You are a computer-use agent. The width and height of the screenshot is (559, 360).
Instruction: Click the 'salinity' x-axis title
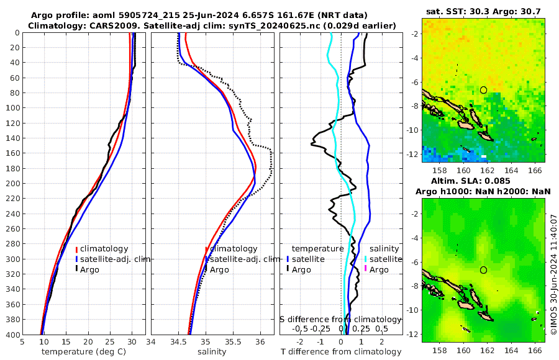211,351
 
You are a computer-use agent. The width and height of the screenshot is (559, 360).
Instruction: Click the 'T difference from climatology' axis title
340,352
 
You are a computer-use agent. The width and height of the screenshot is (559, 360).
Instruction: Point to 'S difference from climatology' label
340,318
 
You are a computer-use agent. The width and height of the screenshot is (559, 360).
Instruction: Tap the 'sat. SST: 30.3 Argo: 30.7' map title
484,11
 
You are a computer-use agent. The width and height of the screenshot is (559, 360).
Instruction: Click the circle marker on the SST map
483,90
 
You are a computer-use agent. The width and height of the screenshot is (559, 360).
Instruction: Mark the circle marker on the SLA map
483,270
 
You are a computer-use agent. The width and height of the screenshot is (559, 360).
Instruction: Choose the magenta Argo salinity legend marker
366,269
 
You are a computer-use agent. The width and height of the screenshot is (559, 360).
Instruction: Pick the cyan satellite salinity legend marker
366,259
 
